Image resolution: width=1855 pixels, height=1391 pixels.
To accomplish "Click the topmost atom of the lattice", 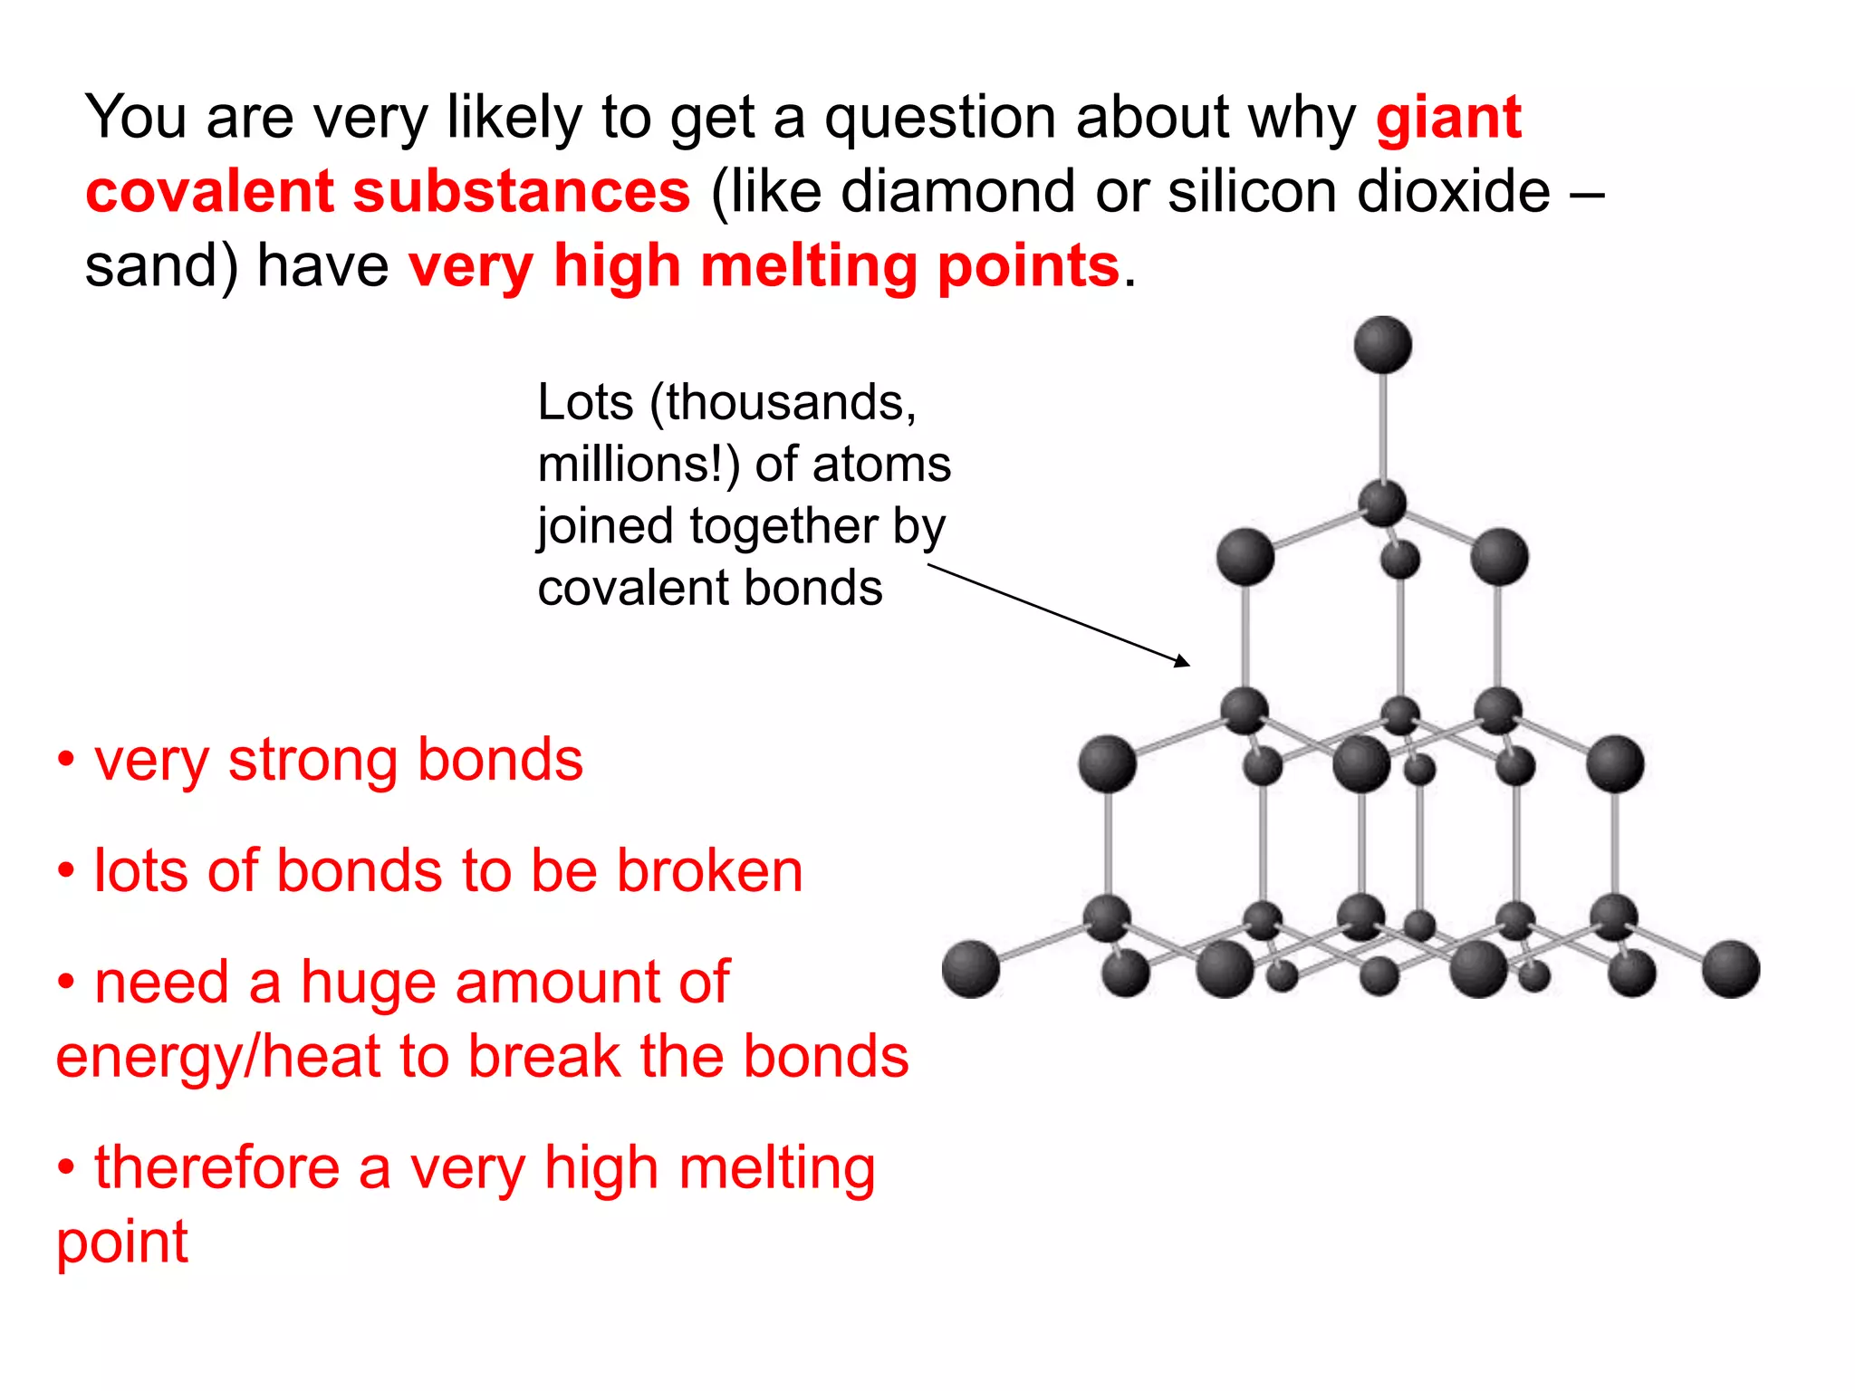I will [1382, 345].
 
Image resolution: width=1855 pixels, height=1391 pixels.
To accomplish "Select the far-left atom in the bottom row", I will [971, 969].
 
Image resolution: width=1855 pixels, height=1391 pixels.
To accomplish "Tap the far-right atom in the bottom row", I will [1730, 969].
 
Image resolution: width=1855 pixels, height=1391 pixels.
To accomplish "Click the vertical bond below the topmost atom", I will [1382, 426].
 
